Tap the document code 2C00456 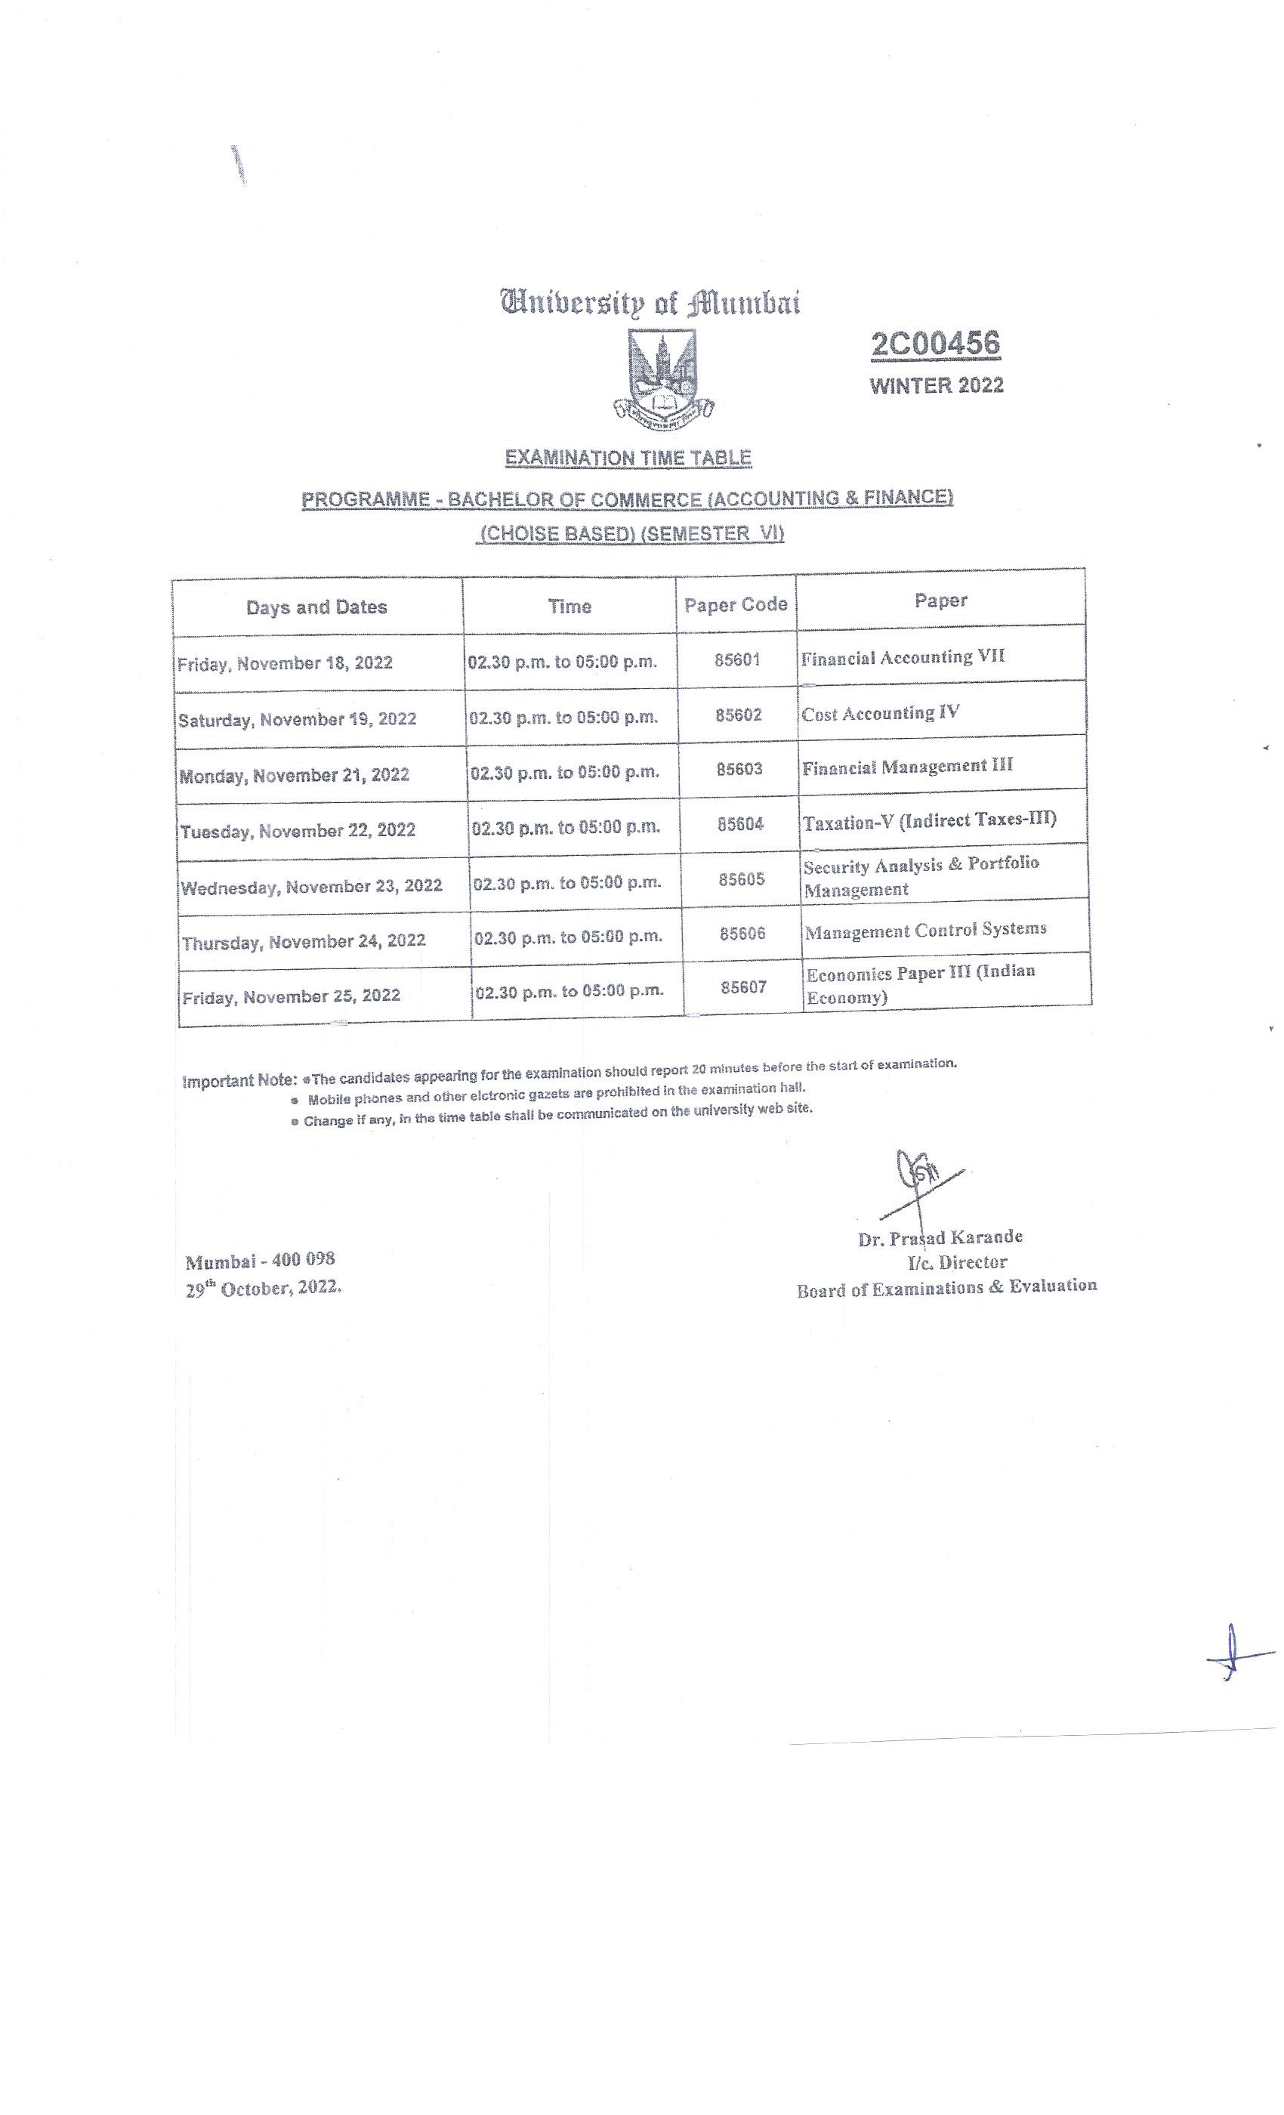point(936,344)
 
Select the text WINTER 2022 point(937,385)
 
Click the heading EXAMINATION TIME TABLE point(628,458)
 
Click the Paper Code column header point(736,605)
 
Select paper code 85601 point(737,660)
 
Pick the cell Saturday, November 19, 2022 point(297,719)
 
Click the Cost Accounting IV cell point(881,713)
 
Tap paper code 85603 point(739,769)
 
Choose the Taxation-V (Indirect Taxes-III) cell point(930,820)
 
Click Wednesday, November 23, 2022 point(311,886)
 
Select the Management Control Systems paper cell point(925,930)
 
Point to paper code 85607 point(743,987)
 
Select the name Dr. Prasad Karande point(940,1238)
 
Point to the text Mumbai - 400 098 point(260,1261)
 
